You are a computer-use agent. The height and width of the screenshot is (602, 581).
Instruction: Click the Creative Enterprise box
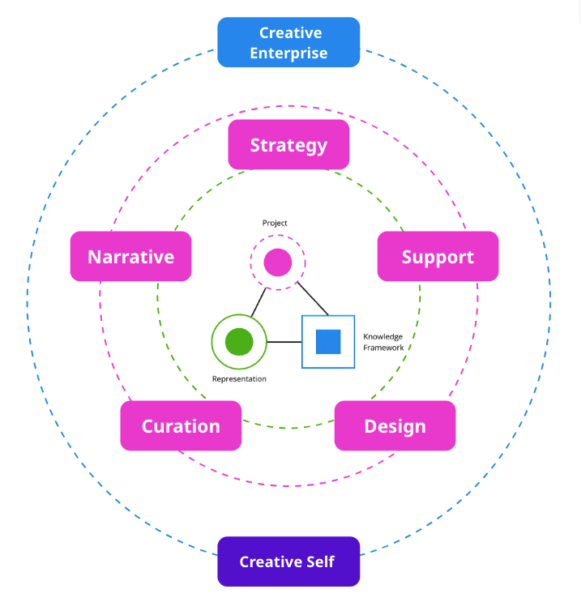[x=288, y=43]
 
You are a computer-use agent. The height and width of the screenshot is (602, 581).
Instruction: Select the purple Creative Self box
[x=288, y=561]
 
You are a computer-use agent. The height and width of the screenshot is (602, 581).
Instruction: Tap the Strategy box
[x=288, y=145]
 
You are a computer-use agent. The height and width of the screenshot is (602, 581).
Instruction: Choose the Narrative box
[x=130, y=257]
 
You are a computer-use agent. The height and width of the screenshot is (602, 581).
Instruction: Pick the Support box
[x=438, y=257]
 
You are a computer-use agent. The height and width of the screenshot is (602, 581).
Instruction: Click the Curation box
[x=181, y=426]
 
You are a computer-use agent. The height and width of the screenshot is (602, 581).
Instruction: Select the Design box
[x=395, y=426]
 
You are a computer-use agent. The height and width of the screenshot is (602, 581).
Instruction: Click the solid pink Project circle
[x=278, y=262]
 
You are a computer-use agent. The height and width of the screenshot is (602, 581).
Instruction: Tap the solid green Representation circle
[x=239, y=342]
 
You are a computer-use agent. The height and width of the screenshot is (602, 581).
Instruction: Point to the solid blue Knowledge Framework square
[x=328, y=342]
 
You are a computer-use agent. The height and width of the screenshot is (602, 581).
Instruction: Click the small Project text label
[x=275, y=223]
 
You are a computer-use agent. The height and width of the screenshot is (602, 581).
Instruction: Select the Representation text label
[x=239, y=379]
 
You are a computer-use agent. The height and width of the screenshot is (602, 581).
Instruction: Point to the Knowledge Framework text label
[x=383, y=342]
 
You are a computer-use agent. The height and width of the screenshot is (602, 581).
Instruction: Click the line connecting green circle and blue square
[x=284, y=342]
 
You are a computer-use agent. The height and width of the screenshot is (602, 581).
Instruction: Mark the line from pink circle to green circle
[x=258, y=302]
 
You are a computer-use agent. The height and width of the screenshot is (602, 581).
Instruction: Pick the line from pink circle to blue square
[x=312, y=299]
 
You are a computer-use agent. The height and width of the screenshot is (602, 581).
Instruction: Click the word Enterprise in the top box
[x=288, y=53]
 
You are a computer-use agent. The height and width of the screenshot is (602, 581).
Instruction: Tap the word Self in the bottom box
[x=318, y=561]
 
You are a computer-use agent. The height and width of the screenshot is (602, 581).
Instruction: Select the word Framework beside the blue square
[x=383, y=348]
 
